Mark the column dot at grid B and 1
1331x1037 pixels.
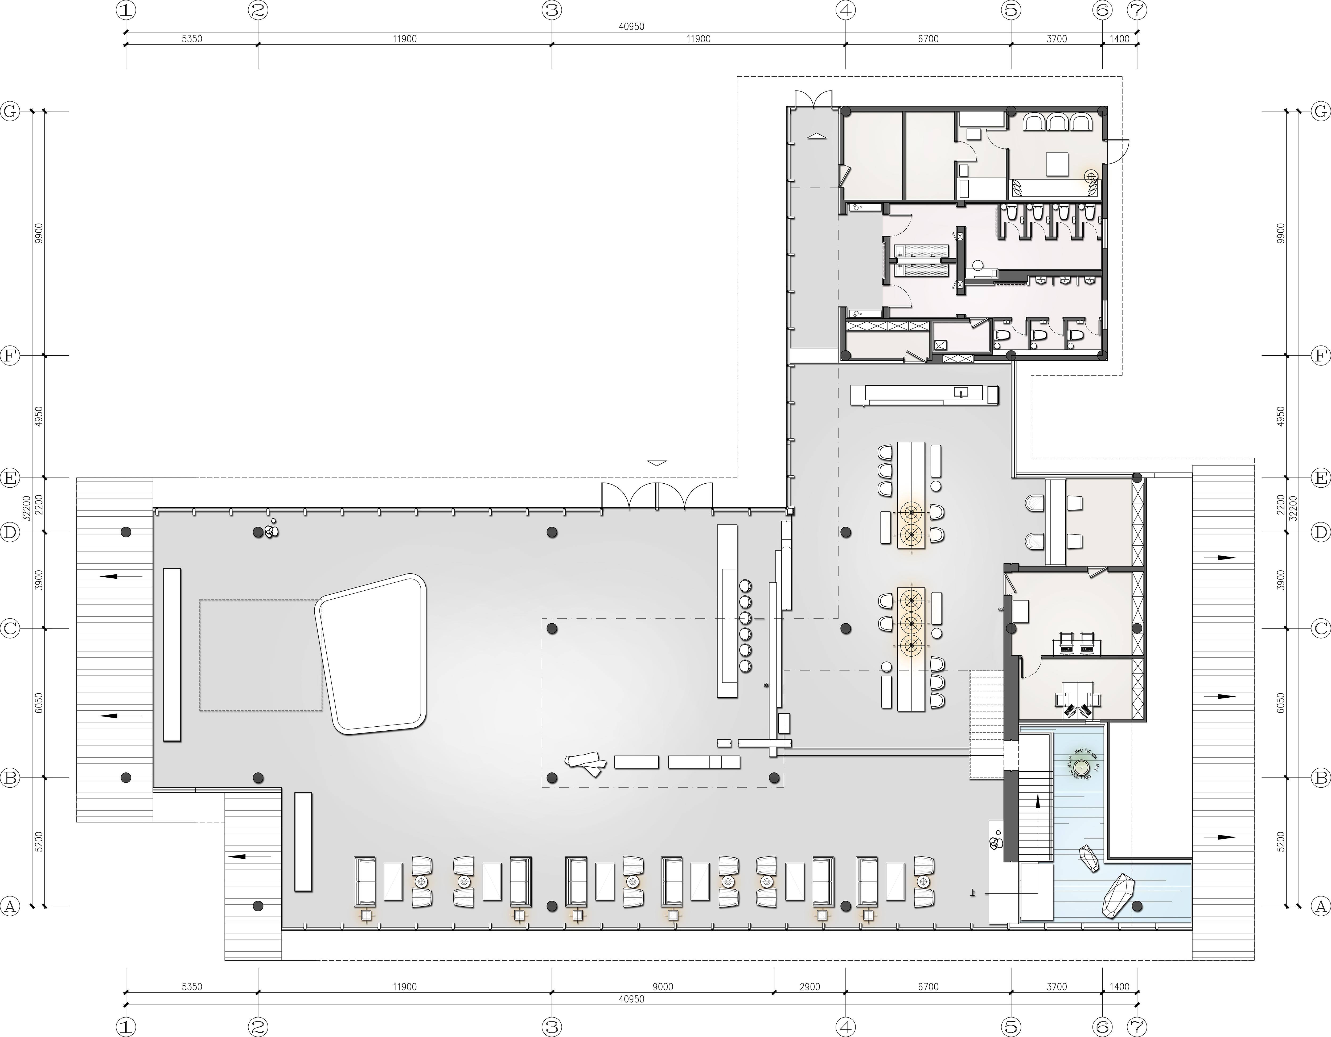pos(126,777)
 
